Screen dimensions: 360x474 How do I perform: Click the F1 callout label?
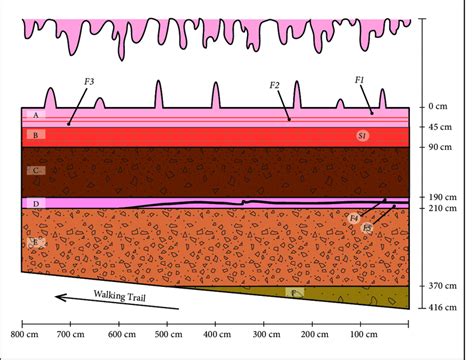359,77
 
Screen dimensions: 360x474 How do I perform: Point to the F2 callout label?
274,87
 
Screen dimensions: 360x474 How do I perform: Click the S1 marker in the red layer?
363,134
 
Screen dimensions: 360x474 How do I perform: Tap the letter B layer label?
36,134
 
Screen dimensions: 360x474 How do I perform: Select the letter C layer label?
36,171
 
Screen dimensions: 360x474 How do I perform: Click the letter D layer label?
36,204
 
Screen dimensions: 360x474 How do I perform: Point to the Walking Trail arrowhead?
58,296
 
